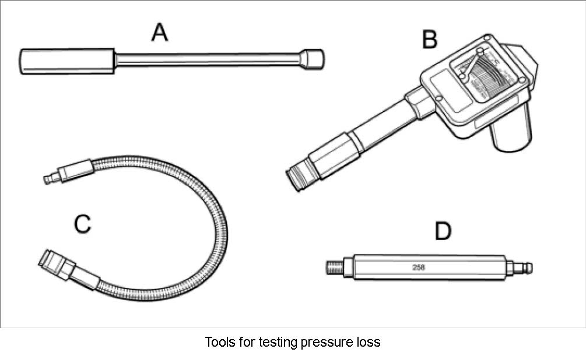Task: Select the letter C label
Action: pyautogui.click(x=83, y=223)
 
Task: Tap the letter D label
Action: pyautogui.click(x=443, y=231)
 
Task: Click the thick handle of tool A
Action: pyautogui.click(x=66, y=61)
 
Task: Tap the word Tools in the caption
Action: pyautogui.click(x=217, y=342)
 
